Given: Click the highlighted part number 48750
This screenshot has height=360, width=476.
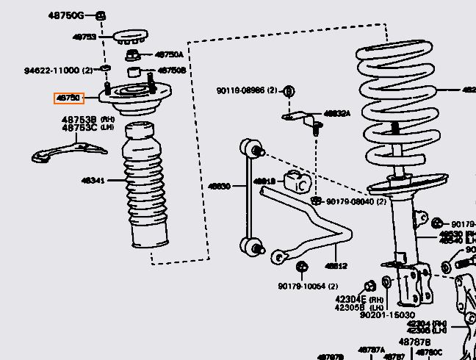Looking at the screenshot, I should (x=68, y=98).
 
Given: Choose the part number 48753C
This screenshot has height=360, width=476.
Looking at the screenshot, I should (x=79, y=127).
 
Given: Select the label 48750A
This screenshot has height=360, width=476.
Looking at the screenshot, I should (x=169, y=54).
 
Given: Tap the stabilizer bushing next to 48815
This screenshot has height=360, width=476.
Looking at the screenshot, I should (x=299, y=181).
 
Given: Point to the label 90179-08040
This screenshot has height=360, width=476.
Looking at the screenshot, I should (x=351, y=201).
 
